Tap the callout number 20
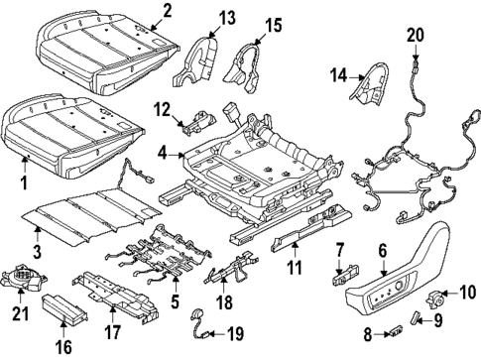pos(416,37)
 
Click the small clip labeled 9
pos(417,317)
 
